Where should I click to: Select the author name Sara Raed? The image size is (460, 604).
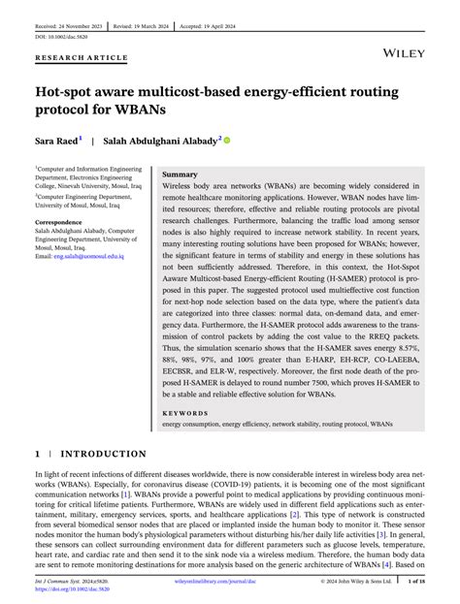coord(56,140)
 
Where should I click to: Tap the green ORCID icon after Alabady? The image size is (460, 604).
coord(227,140)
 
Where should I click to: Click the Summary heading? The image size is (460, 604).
coord(181,173)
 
